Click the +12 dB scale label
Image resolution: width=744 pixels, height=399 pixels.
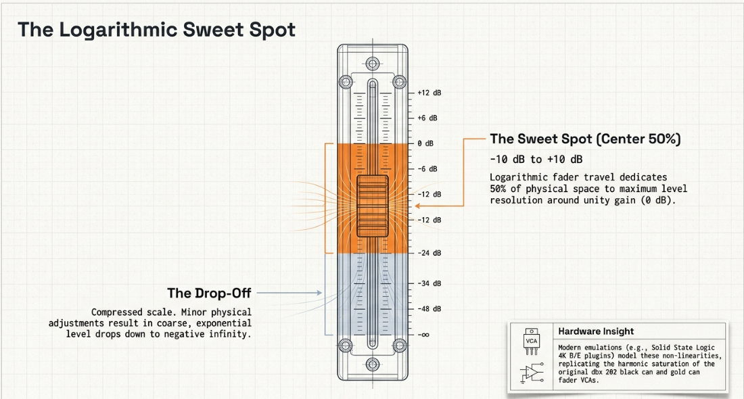click(x=429, y=93)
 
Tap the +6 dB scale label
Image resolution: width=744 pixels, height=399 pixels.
click(x=427, y=118)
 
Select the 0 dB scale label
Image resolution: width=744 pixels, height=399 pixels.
click(x=425, y=143)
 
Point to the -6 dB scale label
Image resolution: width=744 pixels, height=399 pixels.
click(x=427, y=169)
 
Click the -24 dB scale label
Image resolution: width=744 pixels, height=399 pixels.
click(x=429, y=253)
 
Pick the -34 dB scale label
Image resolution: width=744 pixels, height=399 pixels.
click(x=429, y=283)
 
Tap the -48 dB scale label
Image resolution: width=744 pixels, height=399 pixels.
click(x=429, y=309)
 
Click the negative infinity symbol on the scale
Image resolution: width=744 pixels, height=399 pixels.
click(x=423, y=335)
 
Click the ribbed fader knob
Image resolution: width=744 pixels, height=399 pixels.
click(x=373, y=206)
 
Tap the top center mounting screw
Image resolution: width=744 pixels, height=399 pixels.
click(x=373, y=64)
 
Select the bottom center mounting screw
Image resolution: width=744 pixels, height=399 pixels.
click(x=373, y=365)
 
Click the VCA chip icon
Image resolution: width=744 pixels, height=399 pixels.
click(x=532, y=341)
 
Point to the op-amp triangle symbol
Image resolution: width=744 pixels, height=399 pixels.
click(x=533, y=373)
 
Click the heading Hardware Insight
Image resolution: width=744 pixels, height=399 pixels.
click(x=596, y=331)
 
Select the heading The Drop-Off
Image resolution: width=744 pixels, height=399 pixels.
click(x=209, y=294)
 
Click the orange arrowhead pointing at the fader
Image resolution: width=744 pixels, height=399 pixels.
click(x=417, y=206)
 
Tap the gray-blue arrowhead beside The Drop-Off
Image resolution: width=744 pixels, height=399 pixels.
click(x=319, y=293)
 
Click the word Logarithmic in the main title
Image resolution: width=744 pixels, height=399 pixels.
click(x=118, y=30)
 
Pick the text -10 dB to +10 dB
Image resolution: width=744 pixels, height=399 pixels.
click(x=536, y=160)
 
